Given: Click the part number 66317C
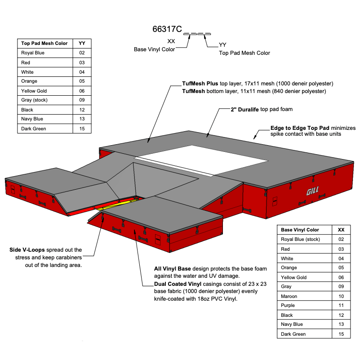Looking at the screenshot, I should coord(167,30).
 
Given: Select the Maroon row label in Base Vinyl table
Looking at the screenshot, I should coord(289,296).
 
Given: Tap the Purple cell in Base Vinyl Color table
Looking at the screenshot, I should coord(288,306).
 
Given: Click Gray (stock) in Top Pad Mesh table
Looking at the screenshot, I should coord(34,100).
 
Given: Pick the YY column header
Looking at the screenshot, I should coord(82,44).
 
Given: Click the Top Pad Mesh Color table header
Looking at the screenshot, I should coord(44,44).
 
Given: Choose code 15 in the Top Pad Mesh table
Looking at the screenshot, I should coord(82,129).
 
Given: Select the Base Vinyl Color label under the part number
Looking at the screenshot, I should coord(154,49).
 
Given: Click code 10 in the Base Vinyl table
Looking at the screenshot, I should coord(341,296).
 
